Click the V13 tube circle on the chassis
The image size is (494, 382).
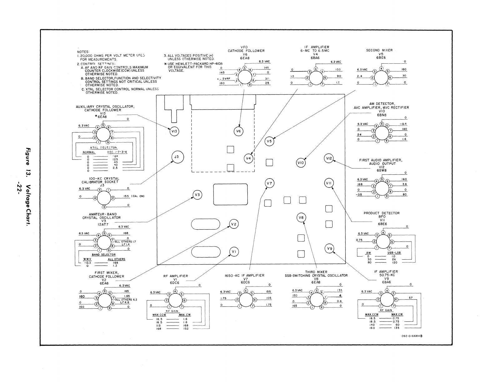pyautogui.click(x=174, y=131)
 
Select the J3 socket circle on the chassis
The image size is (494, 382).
pyautogui.click(x=177, y=157)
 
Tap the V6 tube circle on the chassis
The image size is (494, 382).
pyautogui.click(x=239, y=131)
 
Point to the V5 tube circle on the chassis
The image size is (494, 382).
pyautogui.click(x=270, y=141)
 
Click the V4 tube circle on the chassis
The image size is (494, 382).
pyautogui.click(x=249, y=159)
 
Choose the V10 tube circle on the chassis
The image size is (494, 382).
pyautogui.click(x=301, y=163)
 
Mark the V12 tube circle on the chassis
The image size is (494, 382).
pyautogui.click(x=329, y=159)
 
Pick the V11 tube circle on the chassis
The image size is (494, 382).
pyautogui.click(x=329, y=183)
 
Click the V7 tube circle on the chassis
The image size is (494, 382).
pyautogui.click(x=269, y=184)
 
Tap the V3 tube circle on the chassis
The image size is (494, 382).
pyautogui.click(x=197, y=195)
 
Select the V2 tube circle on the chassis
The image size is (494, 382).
pyautogui.click(x=234, y=224)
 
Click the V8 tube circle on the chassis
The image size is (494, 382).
pyautogui.click(x=301, y=218)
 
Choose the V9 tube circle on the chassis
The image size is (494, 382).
pyautogui.click(x=329, y=248)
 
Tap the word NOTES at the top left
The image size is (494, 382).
pyautogui.click(x=83, y=52)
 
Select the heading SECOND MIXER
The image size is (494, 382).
pyautogui.click(x=379, y=50)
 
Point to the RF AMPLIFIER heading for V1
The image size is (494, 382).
pyautogui.click(x=175, y=276)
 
